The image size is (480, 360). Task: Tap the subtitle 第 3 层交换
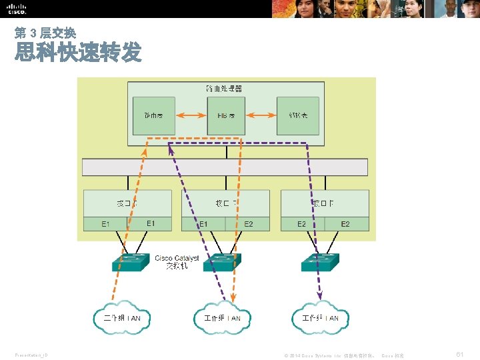[45, 33]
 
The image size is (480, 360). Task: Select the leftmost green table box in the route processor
[153, 115]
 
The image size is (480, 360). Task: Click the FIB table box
[226, 115]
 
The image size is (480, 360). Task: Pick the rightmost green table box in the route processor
[297, 115]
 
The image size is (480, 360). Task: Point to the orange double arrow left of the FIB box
[190, 115]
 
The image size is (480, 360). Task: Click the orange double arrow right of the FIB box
[261, 115]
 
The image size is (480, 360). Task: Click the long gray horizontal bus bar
[225, 167]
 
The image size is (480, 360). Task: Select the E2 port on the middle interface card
[248, 224]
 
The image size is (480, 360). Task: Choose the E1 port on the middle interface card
[203, 224]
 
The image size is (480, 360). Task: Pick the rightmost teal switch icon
[320, 261]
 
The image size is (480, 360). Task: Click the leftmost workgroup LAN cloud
[117, 318]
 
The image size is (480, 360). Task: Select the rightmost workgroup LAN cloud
[320, 318]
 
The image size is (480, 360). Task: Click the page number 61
[459, 354]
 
